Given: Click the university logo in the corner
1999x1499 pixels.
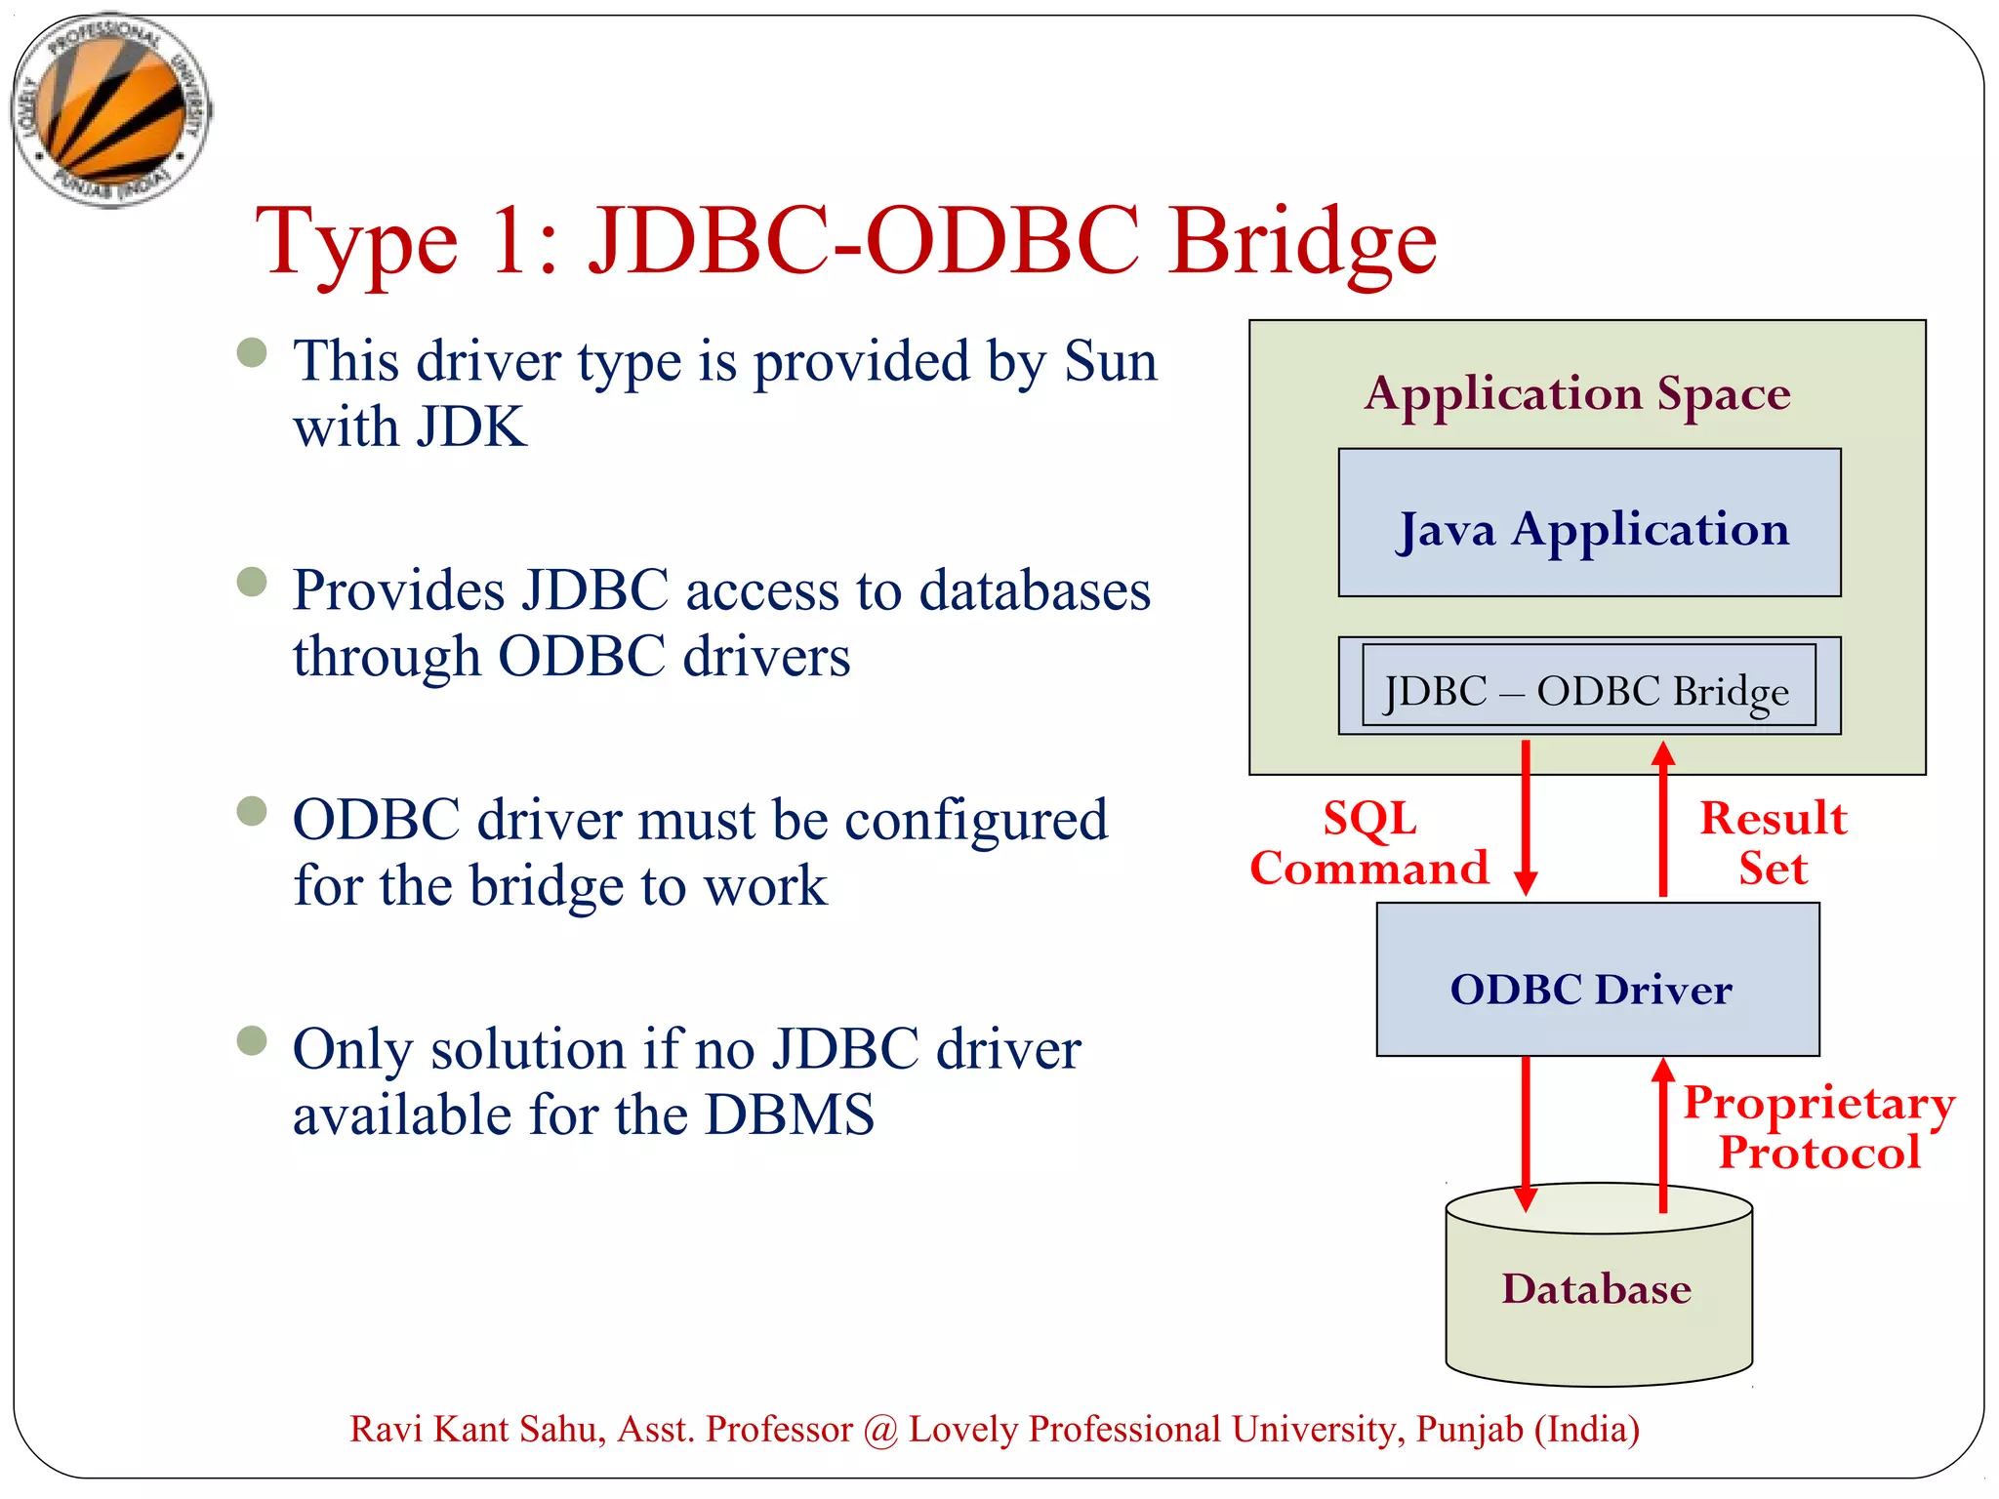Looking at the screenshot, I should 111,110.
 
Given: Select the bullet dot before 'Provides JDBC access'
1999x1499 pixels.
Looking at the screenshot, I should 252,583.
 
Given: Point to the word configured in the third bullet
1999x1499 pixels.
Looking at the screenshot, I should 975,821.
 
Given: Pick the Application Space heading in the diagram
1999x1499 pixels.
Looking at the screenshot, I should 1577,394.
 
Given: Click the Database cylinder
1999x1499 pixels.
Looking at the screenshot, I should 1598,1289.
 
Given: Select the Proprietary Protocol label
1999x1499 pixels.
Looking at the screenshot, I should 1819,1128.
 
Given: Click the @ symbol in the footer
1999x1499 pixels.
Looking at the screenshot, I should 880,1431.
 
